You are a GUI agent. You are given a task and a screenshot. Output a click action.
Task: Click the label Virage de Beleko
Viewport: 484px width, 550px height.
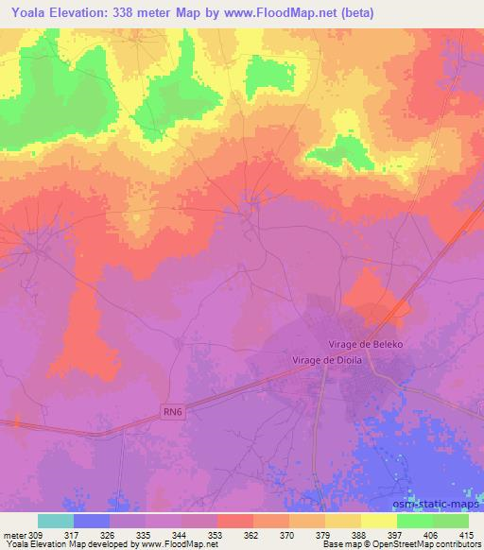[366, 345]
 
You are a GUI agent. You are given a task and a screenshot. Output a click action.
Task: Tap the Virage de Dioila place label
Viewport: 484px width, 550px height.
[326, 360]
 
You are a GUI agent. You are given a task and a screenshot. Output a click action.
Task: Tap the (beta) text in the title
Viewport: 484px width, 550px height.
[352, 13]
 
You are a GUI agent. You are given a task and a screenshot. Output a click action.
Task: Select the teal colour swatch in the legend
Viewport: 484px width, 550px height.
[55, 521]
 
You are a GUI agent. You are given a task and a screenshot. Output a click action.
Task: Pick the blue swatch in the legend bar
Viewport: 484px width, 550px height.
[91, 521]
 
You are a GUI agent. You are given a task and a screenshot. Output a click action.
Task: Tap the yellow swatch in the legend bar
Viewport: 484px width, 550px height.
[378, 521]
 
